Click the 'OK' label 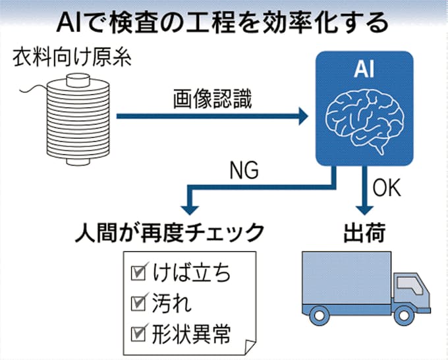click(x=388, y=189)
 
